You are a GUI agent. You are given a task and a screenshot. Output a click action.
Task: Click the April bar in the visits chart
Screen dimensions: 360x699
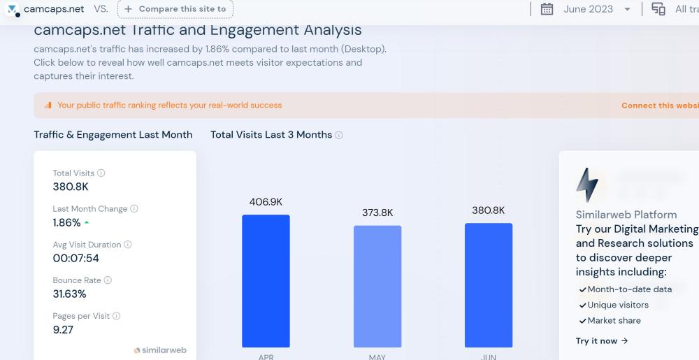pos(266,280)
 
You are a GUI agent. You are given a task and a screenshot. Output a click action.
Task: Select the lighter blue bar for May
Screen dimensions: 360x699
pos(377,286)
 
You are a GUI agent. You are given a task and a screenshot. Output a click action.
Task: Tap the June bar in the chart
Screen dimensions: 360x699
pos(489,285)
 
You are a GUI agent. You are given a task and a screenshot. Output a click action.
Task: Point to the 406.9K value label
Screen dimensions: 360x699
pos(266,202)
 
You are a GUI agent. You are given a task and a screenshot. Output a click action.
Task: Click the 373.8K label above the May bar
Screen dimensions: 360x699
pos(377,213)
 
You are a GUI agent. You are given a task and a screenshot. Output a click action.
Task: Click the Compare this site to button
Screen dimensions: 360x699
pos(175,9)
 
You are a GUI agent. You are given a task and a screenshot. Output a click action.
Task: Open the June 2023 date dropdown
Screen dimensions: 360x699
pos(627,9)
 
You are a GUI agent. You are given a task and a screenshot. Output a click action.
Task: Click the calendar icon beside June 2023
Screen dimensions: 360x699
pos(547,9)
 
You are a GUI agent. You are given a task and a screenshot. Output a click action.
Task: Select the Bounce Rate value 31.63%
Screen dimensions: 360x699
pos(70,294)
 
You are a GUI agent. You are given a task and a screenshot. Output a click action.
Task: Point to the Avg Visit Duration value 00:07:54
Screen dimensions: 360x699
pos(76,258)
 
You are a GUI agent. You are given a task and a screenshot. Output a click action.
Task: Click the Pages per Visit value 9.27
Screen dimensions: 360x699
pos(63,329)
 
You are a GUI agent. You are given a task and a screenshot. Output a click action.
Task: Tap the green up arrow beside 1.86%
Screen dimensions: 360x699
pos(87,222)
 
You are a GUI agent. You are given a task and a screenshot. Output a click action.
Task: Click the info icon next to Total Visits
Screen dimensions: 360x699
pos(101,173)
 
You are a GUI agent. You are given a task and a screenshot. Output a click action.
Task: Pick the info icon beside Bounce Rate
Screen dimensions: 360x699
pos(108,280)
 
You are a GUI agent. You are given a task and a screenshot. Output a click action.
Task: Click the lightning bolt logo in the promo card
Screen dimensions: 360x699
pos(586,185)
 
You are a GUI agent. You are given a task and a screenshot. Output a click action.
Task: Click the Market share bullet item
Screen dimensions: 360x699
pos(614,320)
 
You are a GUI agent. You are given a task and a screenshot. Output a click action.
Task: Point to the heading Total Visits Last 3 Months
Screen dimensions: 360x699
pos(271,134)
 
